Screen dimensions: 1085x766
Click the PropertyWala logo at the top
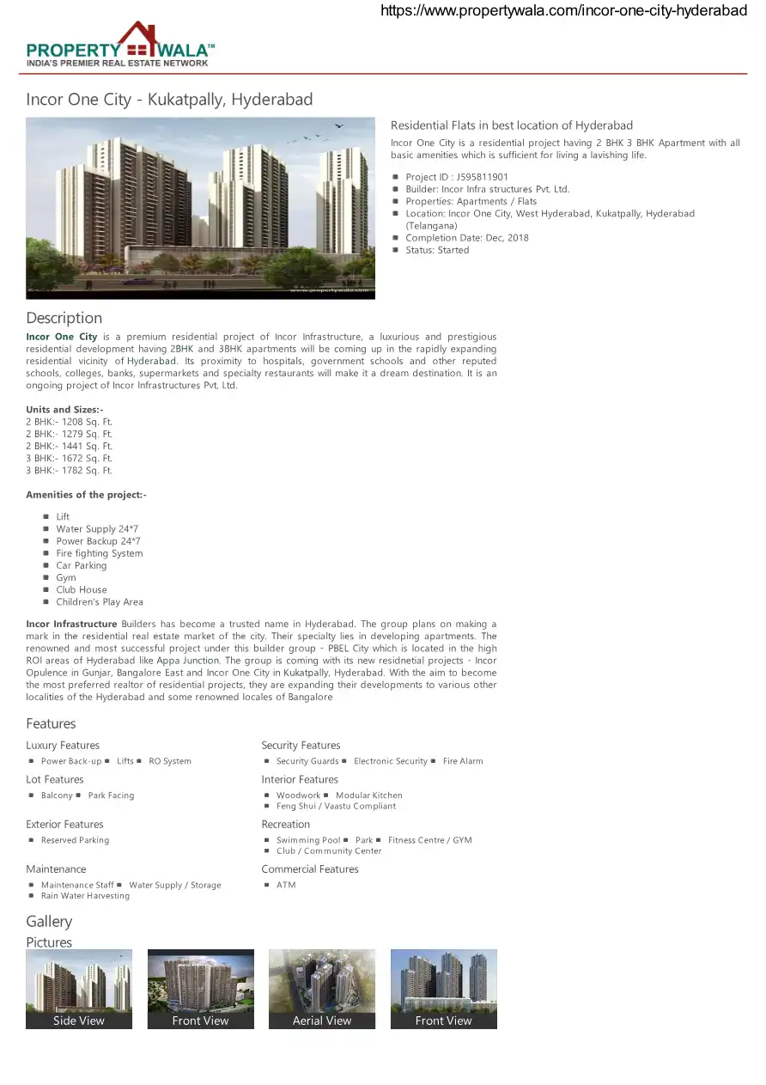click(x=120, y=45)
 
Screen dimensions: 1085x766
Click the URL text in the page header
click(x=563, y=10)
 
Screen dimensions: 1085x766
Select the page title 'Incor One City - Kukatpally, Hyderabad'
click(x=169, y=100)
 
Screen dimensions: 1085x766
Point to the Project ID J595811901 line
click(x=456, y=177)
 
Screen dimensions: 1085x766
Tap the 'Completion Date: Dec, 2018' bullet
click(x=467, y=238)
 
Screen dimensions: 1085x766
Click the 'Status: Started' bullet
click(x=437, y=250)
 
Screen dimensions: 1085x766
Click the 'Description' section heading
click(x=64, y=318)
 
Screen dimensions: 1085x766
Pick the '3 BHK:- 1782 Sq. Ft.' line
click(x=69, y=471)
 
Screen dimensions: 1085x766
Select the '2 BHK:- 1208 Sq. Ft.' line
click(x=69, y=422)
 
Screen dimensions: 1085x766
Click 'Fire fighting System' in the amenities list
click(x=100, y=553)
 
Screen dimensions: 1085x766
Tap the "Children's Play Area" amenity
click(x=100, y=602)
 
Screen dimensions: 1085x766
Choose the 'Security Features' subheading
click(x=301, y=746)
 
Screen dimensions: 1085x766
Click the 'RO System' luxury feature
click(x=170, y=761)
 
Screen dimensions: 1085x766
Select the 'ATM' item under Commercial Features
click(x=286, y=885)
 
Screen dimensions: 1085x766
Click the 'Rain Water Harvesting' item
click(x=85, y=896)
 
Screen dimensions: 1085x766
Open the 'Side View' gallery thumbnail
click(x=79, y=989)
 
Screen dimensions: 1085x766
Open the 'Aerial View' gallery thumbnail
click(x=322, y=989)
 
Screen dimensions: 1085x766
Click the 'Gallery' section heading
click(x=49, y=922)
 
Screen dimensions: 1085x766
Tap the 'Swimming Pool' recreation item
click(x=308, y=840)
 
